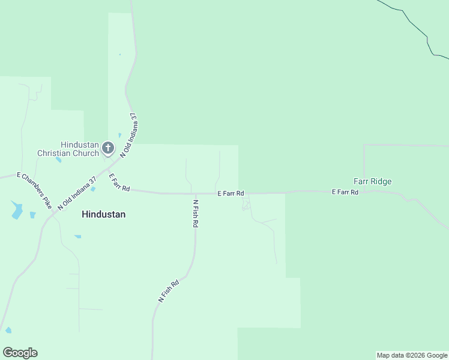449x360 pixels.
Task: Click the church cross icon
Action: pos(108,147)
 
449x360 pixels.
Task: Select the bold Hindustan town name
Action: pos(104,214)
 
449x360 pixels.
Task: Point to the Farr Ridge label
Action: pos(372,181)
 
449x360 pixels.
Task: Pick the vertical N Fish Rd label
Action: pos(195,214)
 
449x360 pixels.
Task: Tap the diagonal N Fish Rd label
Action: pos(169,291)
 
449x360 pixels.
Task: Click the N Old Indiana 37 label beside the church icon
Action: pos(129,135)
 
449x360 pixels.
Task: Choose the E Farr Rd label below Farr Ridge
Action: pos(345,192)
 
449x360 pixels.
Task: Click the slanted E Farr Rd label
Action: pos(119,183)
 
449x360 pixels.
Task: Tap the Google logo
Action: pos(20,353)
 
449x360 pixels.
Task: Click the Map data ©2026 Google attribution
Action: pos(412,355)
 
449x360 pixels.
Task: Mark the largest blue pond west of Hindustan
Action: pos(17,211)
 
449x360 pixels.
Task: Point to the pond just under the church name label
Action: pos(58,160)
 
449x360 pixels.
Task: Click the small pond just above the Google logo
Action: pos(8,330)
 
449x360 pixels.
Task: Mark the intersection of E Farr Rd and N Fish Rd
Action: pos(194,194)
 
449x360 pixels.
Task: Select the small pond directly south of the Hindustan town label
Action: pos(77,236)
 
